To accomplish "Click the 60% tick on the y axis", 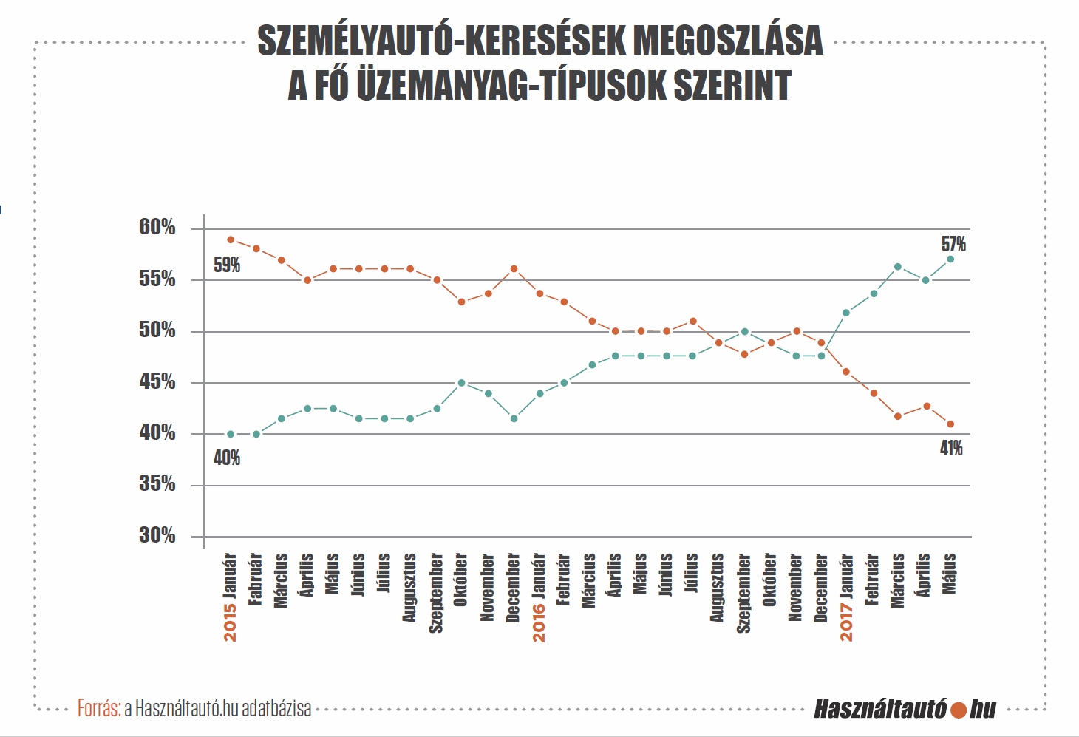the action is coord(157,227).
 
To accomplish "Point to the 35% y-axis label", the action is coord(157,483).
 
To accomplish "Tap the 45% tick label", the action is coord(157,381).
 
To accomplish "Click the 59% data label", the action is coord(227,265).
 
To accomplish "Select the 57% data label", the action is coord(954,244).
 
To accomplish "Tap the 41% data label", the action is coord(951,449).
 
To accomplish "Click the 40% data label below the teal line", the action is coord(227,458).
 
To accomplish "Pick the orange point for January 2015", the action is coord(231,240).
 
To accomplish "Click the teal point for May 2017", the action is coord(950,259).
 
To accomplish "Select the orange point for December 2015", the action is coord(514,269).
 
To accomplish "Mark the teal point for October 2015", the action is coord(461,383).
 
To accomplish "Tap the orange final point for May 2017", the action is coord(950,424).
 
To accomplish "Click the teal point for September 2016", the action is coord(745,332).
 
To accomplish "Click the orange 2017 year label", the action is coord(847,623).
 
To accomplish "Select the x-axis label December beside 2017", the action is coord(821,588).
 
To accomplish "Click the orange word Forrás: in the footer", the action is coord(99,709).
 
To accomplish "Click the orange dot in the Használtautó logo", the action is coord(959,710).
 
